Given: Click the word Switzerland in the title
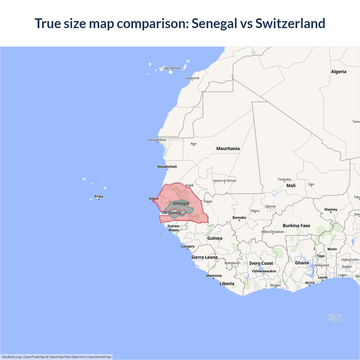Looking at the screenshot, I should click(x=290, y=23).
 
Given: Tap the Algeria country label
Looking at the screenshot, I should click(x=339, y=72).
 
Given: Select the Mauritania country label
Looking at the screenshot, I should click(x=228, y=148).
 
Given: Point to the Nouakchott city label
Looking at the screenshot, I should click(x=167, y=166).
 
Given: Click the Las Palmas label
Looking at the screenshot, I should click(x=172, y=68).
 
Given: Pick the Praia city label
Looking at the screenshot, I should click(x=99, y=196).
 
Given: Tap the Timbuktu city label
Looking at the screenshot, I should click(x=284, y=179).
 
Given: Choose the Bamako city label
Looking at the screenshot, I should click(x=239, y=217).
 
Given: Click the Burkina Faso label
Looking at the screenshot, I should click(x=296, y=226).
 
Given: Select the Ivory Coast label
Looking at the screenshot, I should click(x=261, y=263).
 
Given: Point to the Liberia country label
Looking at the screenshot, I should click(x=227, y=283).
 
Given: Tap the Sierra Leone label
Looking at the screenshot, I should click(x=204, y=257).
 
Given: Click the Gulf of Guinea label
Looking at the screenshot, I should click(x=334, y=318).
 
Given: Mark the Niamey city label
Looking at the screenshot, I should click(x=331, y=209).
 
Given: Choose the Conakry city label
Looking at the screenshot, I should click(x=188, y=246).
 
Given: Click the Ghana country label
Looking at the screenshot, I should click(x=302, y=263).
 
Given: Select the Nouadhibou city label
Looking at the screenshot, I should click(x=157, y=140).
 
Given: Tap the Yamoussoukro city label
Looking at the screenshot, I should click(x=264, y=271).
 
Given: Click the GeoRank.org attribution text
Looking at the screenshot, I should click(x=11, y=357).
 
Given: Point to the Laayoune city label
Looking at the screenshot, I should click(x=192, y=78).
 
